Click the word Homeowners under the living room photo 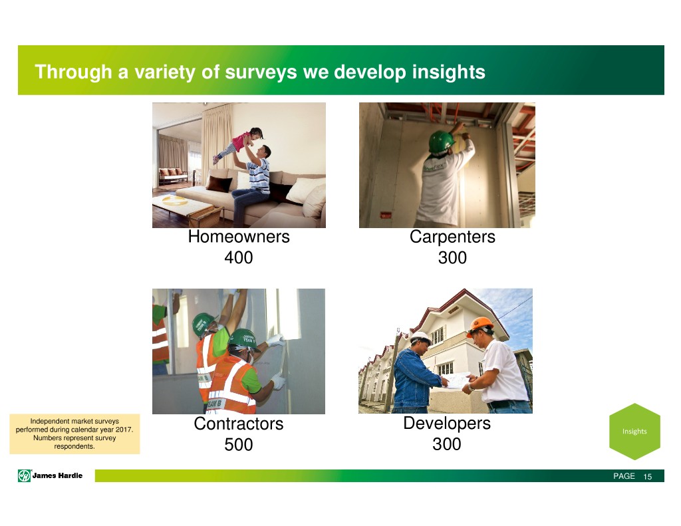[x=239, y=237]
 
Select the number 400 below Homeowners [x=239, y=257]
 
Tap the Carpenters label [x=452, y=237]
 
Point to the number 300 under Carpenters [x=452, y=257]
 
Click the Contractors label [x=239, y=424]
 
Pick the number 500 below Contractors [x=239, y=444]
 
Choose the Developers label [x=447, y=423]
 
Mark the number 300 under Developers [x=446, y=444]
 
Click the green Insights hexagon [x=634, y=432]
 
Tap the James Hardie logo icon [x=24, y=475]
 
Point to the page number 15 [x=648, y=477]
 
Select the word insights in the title [x=449, y=72]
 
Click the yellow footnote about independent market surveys [x=74, y=434]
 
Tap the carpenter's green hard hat [x=442, y=142]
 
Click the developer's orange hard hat [x=480, y=326]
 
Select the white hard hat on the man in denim [x=420, y=337]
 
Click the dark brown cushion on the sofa [x=219, y=184]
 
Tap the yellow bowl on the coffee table [x=175, y=200]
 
